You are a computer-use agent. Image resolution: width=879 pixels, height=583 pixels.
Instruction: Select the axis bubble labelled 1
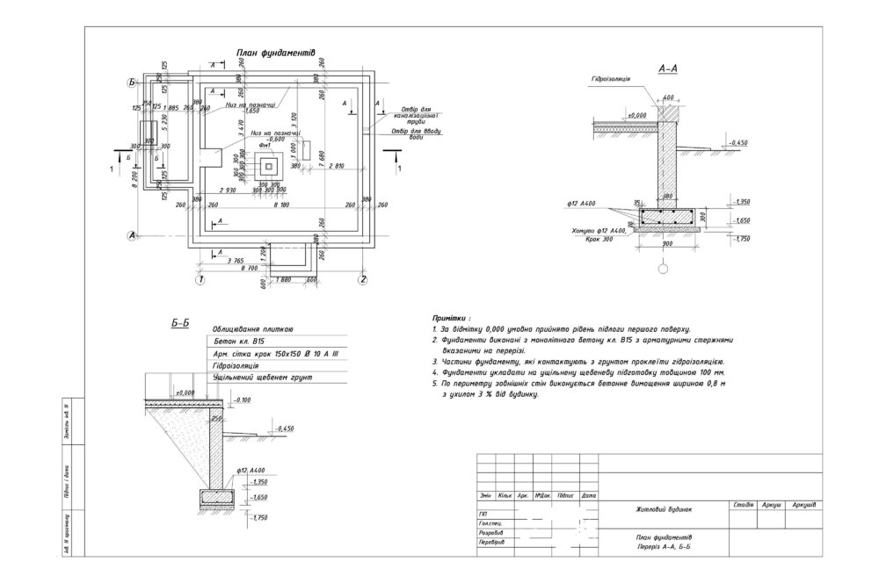200,280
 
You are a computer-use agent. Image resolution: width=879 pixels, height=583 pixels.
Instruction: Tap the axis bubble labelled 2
362,280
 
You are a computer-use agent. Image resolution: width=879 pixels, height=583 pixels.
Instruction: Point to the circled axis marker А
131,234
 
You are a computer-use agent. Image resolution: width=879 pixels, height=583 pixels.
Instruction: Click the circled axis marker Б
131,83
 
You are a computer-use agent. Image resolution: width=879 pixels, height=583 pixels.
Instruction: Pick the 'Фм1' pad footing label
262,146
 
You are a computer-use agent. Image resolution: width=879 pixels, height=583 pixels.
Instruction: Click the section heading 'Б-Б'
180,324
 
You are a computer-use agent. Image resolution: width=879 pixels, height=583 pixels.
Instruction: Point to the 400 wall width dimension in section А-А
668,97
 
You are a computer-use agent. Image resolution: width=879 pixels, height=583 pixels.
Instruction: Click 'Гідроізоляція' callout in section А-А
609,78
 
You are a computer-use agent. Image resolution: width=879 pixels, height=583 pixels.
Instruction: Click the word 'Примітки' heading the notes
451,313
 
